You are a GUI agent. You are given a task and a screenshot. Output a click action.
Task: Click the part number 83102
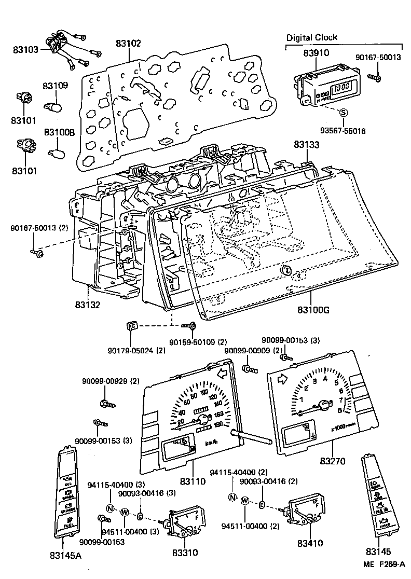tap(128, 44)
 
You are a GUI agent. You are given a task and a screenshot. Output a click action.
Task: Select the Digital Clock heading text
tap(312, 37)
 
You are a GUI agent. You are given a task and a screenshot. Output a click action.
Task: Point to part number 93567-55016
tap(343, 131)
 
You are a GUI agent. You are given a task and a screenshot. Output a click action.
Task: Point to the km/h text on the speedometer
tap(212, 443)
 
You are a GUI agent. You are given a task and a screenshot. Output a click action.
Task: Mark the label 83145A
tap(64, 556)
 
